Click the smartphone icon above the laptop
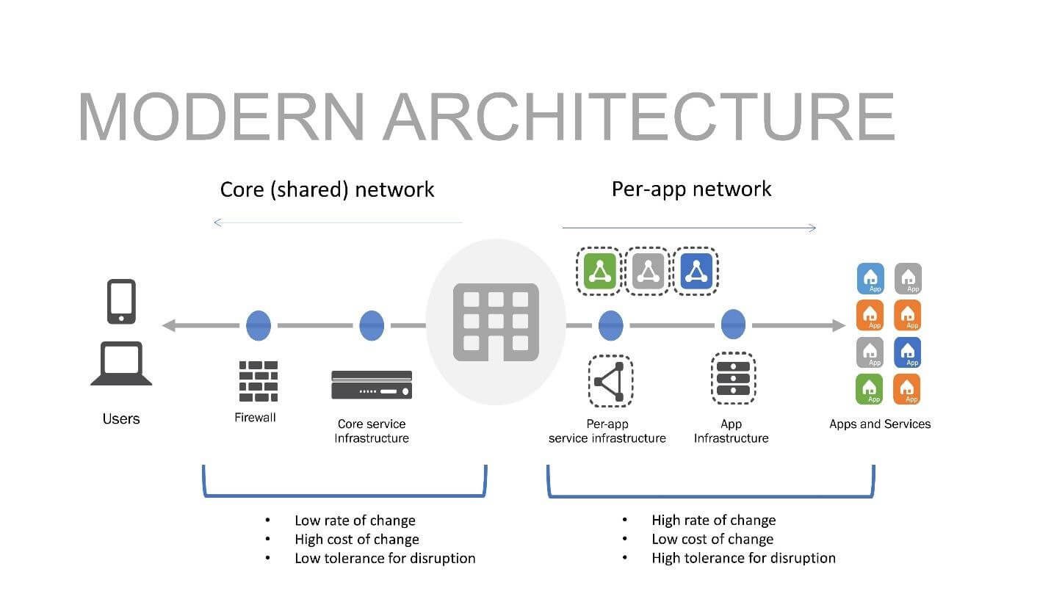pos(121,301)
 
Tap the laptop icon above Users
pos(121,364)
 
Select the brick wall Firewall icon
pos(258,381)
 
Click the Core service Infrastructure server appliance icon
pos(371,385)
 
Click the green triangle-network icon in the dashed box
pos(599,272)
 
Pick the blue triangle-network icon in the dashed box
pos(696,272)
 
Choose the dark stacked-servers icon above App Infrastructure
pos(732,377)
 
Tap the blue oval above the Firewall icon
pos(258,325)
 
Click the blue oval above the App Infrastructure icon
pos(733,324)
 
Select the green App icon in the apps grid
pos(870,389)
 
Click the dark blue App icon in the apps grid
pos(908,352)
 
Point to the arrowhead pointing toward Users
pos(169,325)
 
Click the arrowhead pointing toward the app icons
pos(837,325)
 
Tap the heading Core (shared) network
pos(327,189)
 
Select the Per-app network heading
pos(691,189)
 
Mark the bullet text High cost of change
pos(356,539)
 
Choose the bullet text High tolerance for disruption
pos(743,558)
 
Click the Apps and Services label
pos(879,424)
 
